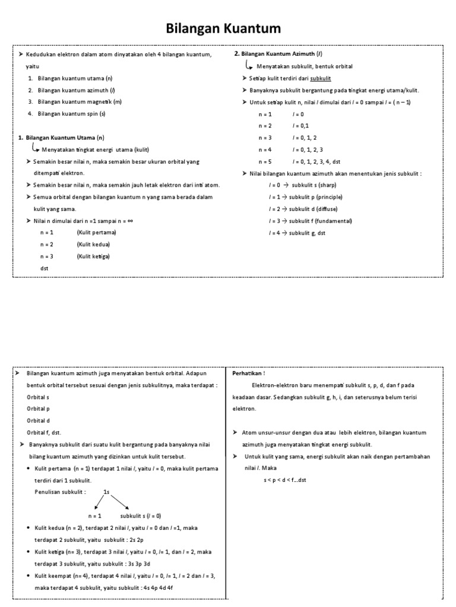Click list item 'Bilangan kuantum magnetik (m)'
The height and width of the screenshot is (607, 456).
(x=80, y=101)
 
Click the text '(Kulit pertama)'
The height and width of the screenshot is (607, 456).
(x=96, y=232)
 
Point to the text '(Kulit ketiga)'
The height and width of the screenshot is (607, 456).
(x=93, y=256)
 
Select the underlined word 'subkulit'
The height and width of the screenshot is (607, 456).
(x=321, y=78)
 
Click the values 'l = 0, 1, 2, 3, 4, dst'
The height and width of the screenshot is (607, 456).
(x=316, y=161)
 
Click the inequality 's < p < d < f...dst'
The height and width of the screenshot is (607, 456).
(x=285, y=480)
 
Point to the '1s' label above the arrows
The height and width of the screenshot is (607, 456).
(x=106, y=491)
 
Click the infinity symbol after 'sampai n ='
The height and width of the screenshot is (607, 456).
(x=130, y=221)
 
